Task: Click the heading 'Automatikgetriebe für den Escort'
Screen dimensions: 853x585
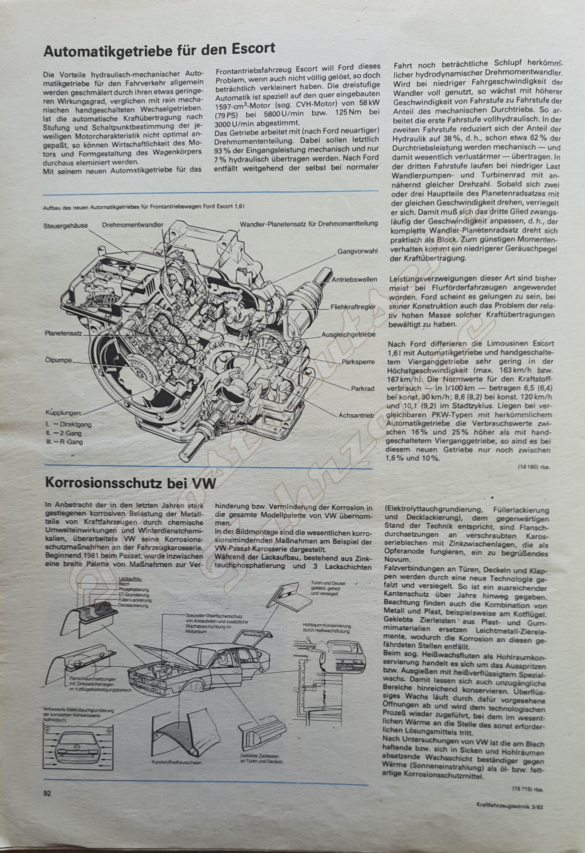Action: (159, 50)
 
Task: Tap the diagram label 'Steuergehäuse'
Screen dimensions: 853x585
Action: (66, 225)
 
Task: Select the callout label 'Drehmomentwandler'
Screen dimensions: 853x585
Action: (133, 225)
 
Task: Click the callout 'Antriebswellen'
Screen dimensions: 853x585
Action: (354, 279)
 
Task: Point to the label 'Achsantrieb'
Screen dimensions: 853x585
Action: (356, 415)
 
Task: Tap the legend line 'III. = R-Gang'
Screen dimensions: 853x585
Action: (64, 442)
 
